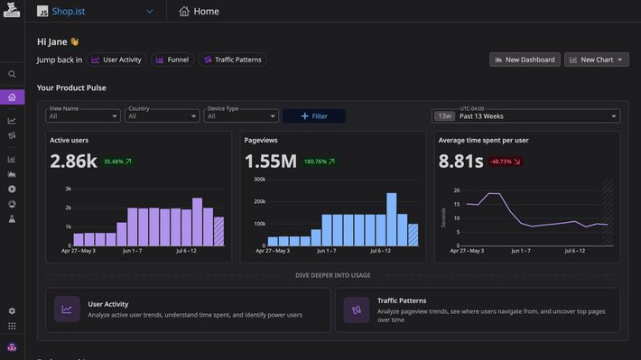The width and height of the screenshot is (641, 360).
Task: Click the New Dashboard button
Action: tap(525, 60)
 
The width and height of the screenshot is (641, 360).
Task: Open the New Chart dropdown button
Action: tap(596, 60)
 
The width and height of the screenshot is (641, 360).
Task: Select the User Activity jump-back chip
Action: tap(116, 60)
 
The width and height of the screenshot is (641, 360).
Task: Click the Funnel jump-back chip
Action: tap(172, 60)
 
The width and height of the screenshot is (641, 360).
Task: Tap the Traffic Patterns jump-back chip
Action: tap(232, 60)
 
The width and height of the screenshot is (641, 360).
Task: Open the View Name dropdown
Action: tap(83, 115)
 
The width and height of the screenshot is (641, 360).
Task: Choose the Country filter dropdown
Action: tap(163, 115)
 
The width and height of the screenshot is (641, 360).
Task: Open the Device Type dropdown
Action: tap(242, 115)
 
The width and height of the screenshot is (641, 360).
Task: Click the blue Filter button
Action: tap(313, 115)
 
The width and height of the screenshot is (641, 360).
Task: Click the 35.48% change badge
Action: tap(117, 162)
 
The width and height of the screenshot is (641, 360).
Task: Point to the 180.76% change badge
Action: tap(320, 162)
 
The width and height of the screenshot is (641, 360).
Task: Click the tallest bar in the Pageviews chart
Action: tap(392, 219)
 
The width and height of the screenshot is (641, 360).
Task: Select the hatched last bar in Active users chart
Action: tap(218, 231)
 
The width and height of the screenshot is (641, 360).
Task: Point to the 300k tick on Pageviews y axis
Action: tap(259, 179)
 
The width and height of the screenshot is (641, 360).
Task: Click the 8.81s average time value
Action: tap(460, 162)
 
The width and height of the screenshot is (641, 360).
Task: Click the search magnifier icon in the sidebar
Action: tap(12, 74)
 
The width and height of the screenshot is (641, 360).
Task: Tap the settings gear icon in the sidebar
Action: tap(12, 310)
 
